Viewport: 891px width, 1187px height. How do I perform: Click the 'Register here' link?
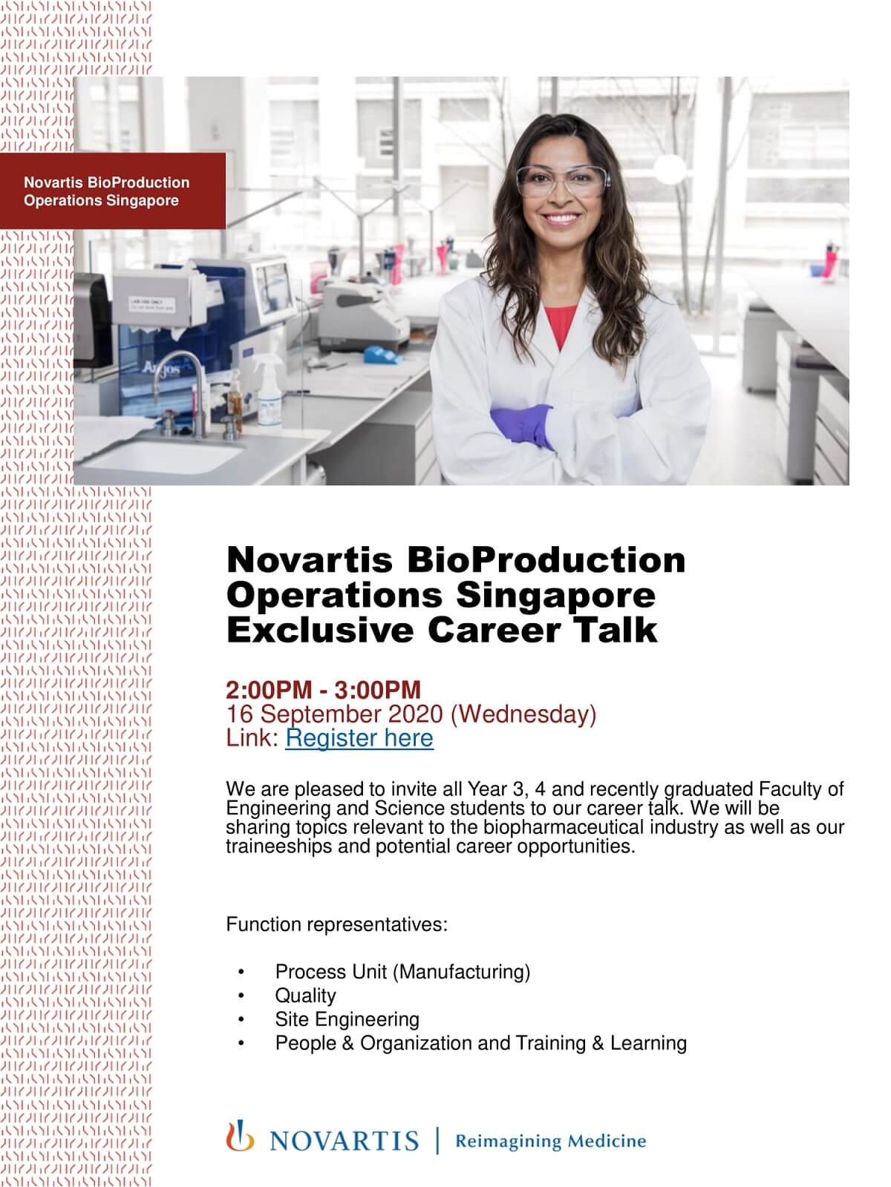click(x=359, y=738)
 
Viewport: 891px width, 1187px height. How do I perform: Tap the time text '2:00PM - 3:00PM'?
click(x=323, y=690)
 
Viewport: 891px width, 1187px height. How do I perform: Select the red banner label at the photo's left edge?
click(x=111, y=191)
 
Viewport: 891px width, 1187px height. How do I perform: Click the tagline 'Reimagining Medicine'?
click(x=550, y=1141)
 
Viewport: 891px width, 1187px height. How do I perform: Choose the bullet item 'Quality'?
click(x=305, y=996)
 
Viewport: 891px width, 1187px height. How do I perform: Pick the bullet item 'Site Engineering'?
click(x=347, y=1019)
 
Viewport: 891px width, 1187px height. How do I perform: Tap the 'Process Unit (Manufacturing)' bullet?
click(x=402, y=972)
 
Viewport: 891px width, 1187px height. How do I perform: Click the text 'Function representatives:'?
click(x=337, y=925)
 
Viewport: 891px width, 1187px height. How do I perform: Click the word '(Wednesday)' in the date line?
click(x=523, y=714)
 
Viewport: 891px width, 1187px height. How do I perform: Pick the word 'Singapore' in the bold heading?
click(x=555, y=595)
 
